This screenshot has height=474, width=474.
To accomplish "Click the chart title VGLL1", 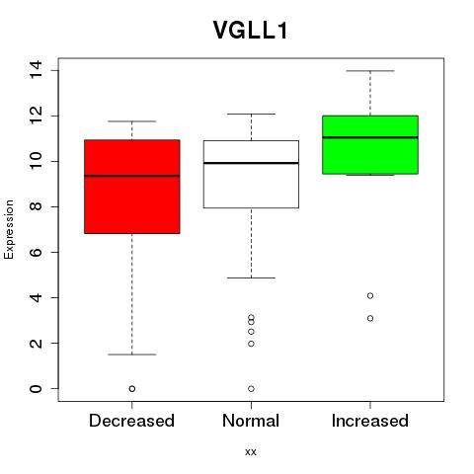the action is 251,30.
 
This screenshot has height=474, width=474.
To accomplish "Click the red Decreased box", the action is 132,187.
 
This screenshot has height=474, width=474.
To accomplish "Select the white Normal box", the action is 251,174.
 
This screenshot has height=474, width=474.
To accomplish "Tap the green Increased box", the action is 370,145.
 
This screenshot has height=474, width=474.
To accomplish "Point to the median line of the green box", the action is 370,137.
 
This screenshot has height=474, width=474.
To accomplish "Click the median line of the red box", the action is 132,176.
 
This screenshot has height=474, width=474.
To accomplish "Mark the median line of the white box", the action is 251,163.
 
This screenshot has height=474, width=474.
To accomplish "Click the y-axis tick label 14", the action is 36,70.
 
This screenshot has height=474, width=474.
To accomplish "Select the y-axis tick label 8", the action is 36,206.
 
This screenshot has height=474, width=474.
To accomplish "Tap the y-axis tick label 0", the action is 36,388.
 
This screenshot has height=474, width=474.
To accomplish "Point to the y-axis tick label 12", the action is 36,116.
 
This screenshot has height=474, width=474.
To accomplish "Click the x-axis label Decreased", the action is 131,421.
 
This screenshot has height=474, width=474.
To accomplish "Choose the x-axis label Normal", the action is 251,421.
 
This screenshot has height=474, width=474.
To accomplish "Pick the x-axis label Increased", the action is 370,421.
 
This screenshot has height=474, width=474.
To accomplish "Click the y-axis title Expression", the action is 9,229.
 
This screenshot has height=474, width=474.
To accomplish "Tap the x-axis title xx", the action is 251,451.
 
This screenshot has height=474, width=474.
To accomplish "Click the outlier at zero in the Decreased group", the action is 132,389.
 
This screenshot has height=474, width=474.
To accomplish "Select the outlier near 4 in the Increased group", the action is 370,295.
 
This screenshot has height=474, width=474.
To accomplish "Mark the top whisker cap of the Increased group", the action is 370,71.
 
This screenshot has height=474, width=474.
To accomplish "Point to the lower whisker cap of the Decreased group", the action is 132,355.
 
